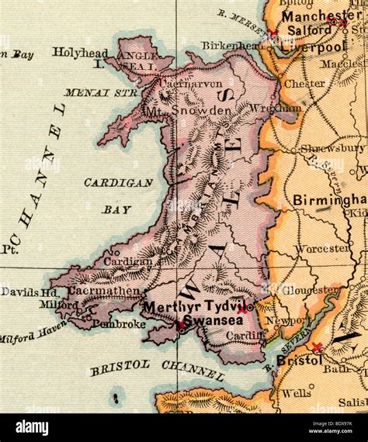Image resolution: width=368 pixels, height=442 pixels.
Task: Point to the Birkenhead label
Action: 230,46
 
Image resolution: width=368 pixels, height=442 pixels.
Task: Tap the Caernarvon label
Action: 185,81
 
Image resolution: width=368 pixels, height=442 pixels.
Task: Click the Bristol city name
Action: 299,361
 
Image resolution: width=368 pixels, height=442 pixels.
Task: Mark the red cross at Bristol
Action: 317,347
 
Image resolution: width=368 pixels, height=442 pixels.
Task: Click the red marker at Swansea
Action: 182,326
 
